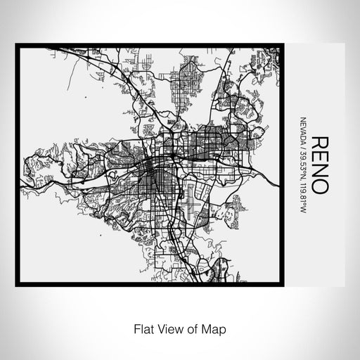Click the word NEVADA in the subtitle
coord(302,128)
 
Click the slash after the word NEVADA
coord(302,143)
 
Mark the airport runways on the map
coord(188,205)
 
